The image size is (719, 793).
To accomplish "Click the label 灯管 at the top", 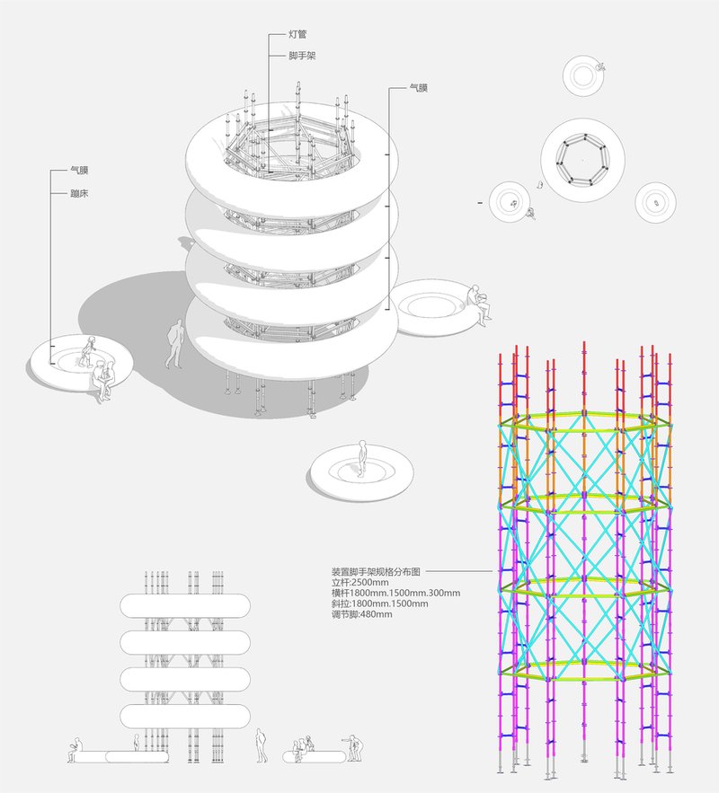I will point(300,34).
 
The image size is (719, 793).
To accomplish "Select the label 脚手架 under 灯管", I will point(302,56).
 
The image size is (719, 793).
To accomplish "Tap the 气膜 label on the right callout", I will point(418,88).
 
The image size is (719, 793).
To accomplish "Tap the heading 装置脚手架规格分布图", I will point(376,570).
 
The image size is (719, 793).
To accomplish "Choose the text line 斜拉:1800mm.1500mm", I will point(380,604).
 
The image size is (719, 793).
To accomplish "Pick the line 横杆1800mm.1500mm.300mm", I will point(395,593).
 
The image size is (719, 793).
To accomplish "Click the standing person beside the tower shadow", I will point(174,345).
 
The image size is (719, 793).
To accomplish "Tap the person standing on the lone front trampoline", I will point(362,457).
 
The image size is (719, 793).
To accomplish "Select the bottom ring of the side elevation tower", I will point(185,716).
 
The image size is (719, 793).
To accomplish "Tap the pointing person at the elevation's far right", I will point(354,745).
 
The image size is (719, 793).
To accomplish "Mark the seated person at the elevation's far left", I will point(75,751).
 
